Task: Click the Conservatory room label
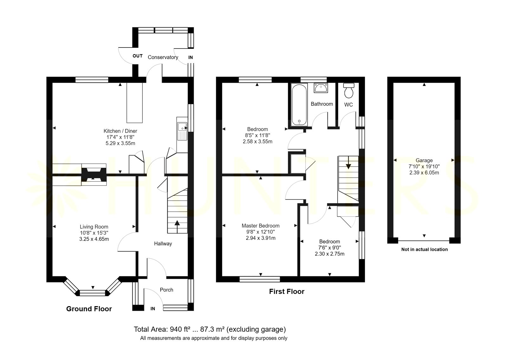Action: point(163,57)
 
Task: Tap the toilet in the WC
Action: point(349,91)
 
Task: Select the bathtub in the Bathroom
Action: point(299,105)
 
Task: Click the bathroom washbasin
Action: point(321,88)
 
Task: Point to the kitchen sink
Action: point(182,131)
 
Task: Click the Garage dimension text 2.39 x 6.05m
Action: point(424,173)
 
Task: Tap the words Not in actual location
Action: point(424,249)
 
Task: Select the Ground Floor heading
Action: point(89,309)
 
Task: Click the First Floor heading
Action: point(286,292)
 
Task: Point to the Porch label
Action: point(166,290)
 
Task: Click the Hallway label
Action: point(163,243)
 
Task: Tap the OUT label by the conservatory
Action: point(138,56)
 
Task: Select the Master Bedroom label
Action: point(260,226)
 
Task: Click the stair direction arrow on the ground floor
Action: point(177,227)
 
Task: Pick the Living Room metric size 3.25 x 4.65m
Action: point(94,239)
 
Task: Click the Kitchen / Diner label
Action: point(120,131)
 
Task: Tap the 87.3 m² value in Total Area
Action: point(212,330)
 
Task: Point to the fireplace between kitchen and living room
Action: point(94,174)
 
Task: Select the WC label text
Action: point(348,104)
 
